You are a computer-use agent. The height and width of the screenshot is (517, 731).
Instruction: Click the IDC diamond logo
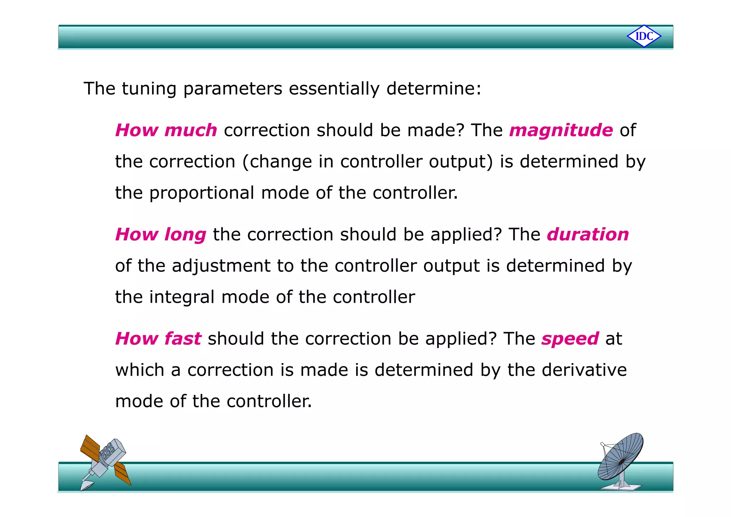644,36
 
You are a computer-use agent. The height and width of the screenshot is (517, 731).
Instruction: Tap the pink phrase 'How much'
166,130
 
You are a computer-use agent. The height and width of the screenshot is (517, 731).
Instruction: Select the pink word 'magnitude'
561,130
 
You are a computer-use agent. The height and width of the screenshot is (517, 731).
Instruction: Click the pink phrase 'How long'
161,235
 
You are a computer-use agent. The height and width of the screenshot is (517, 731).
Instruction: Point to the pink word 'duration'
588,235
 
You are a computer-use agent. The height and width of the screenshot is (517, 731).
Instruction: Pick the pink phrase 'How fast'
158,338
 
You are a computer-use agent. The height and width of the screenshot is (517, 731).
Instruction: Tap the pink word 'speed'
570,339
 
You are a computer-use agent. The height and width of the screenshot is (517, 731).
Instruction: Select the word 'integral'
182,297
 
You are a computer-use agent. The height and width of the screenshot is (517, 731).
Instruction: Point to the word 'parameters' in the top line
232,89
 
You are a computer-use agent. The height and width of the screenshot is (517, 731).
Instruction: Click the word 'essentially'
334,89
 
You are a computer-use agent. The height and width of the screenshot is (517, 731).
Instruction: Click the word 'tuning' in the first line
149,89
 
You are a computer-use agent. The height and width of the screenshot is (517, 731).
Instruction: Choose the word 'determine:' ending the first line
434,89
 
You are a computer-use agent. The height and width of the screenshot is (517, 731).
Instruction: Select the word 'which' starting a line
140,370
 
